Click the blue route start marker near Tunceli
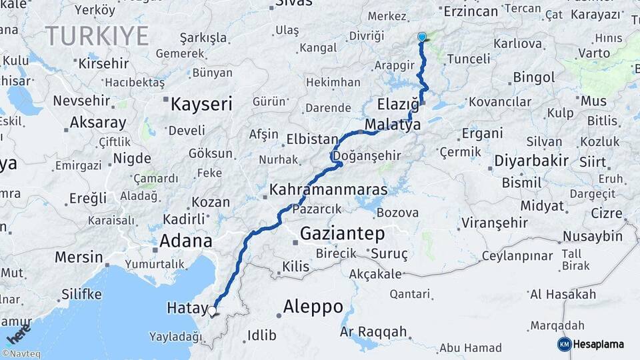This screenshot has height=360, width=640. pyautogui.click(x=422, y=37)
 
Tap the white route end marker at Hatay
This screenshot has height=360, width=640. pyautogui.click(x=213, y=311)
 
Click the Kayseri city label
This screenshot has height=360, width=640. pyautogui.click(x=201, y=104)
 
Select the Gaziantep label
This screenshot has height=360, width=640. pyautogui.click(x=343, y=233)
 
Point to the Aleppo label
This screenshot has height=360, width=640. pyautogui.click(x=313, y=307)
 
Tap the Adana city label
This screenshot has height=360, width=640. pyautogui.click(x=185, y=241)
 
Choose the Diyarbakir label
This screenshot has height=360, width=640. pyautogui.click(x=531, y=161)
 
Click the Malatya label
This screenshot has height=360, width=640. pyautogui.click(x=393, y=125)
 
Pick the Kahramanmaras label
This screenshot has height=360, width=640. pyautogui.click(x=328, y=190)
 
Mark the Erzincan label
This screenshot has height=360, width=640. pyautogui.click(x=471, y=11)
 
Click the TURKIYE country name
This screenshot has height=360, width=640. pyautogui.click(x=97, y=36)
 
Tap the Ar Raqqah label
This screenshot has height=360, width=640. pyautogui.click(x=373, y=331)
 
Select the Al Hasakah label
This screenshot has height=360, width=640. pyautogui.click(x=563, y=294)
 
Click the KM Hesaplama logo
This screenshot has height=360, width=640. pyautogui.click(x=591, y=344)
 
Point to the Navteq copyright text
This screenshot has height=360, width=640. pyautogui.click(x=20, y=355)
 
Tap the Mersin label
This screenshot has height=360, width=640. pyautogui.click(x=79, y=257)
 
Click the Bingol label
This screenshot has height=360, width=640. pyautogui.click(x=534, y=77)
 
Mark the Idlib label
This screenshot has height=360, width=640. pyautogui.click(x=261, y=335)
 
